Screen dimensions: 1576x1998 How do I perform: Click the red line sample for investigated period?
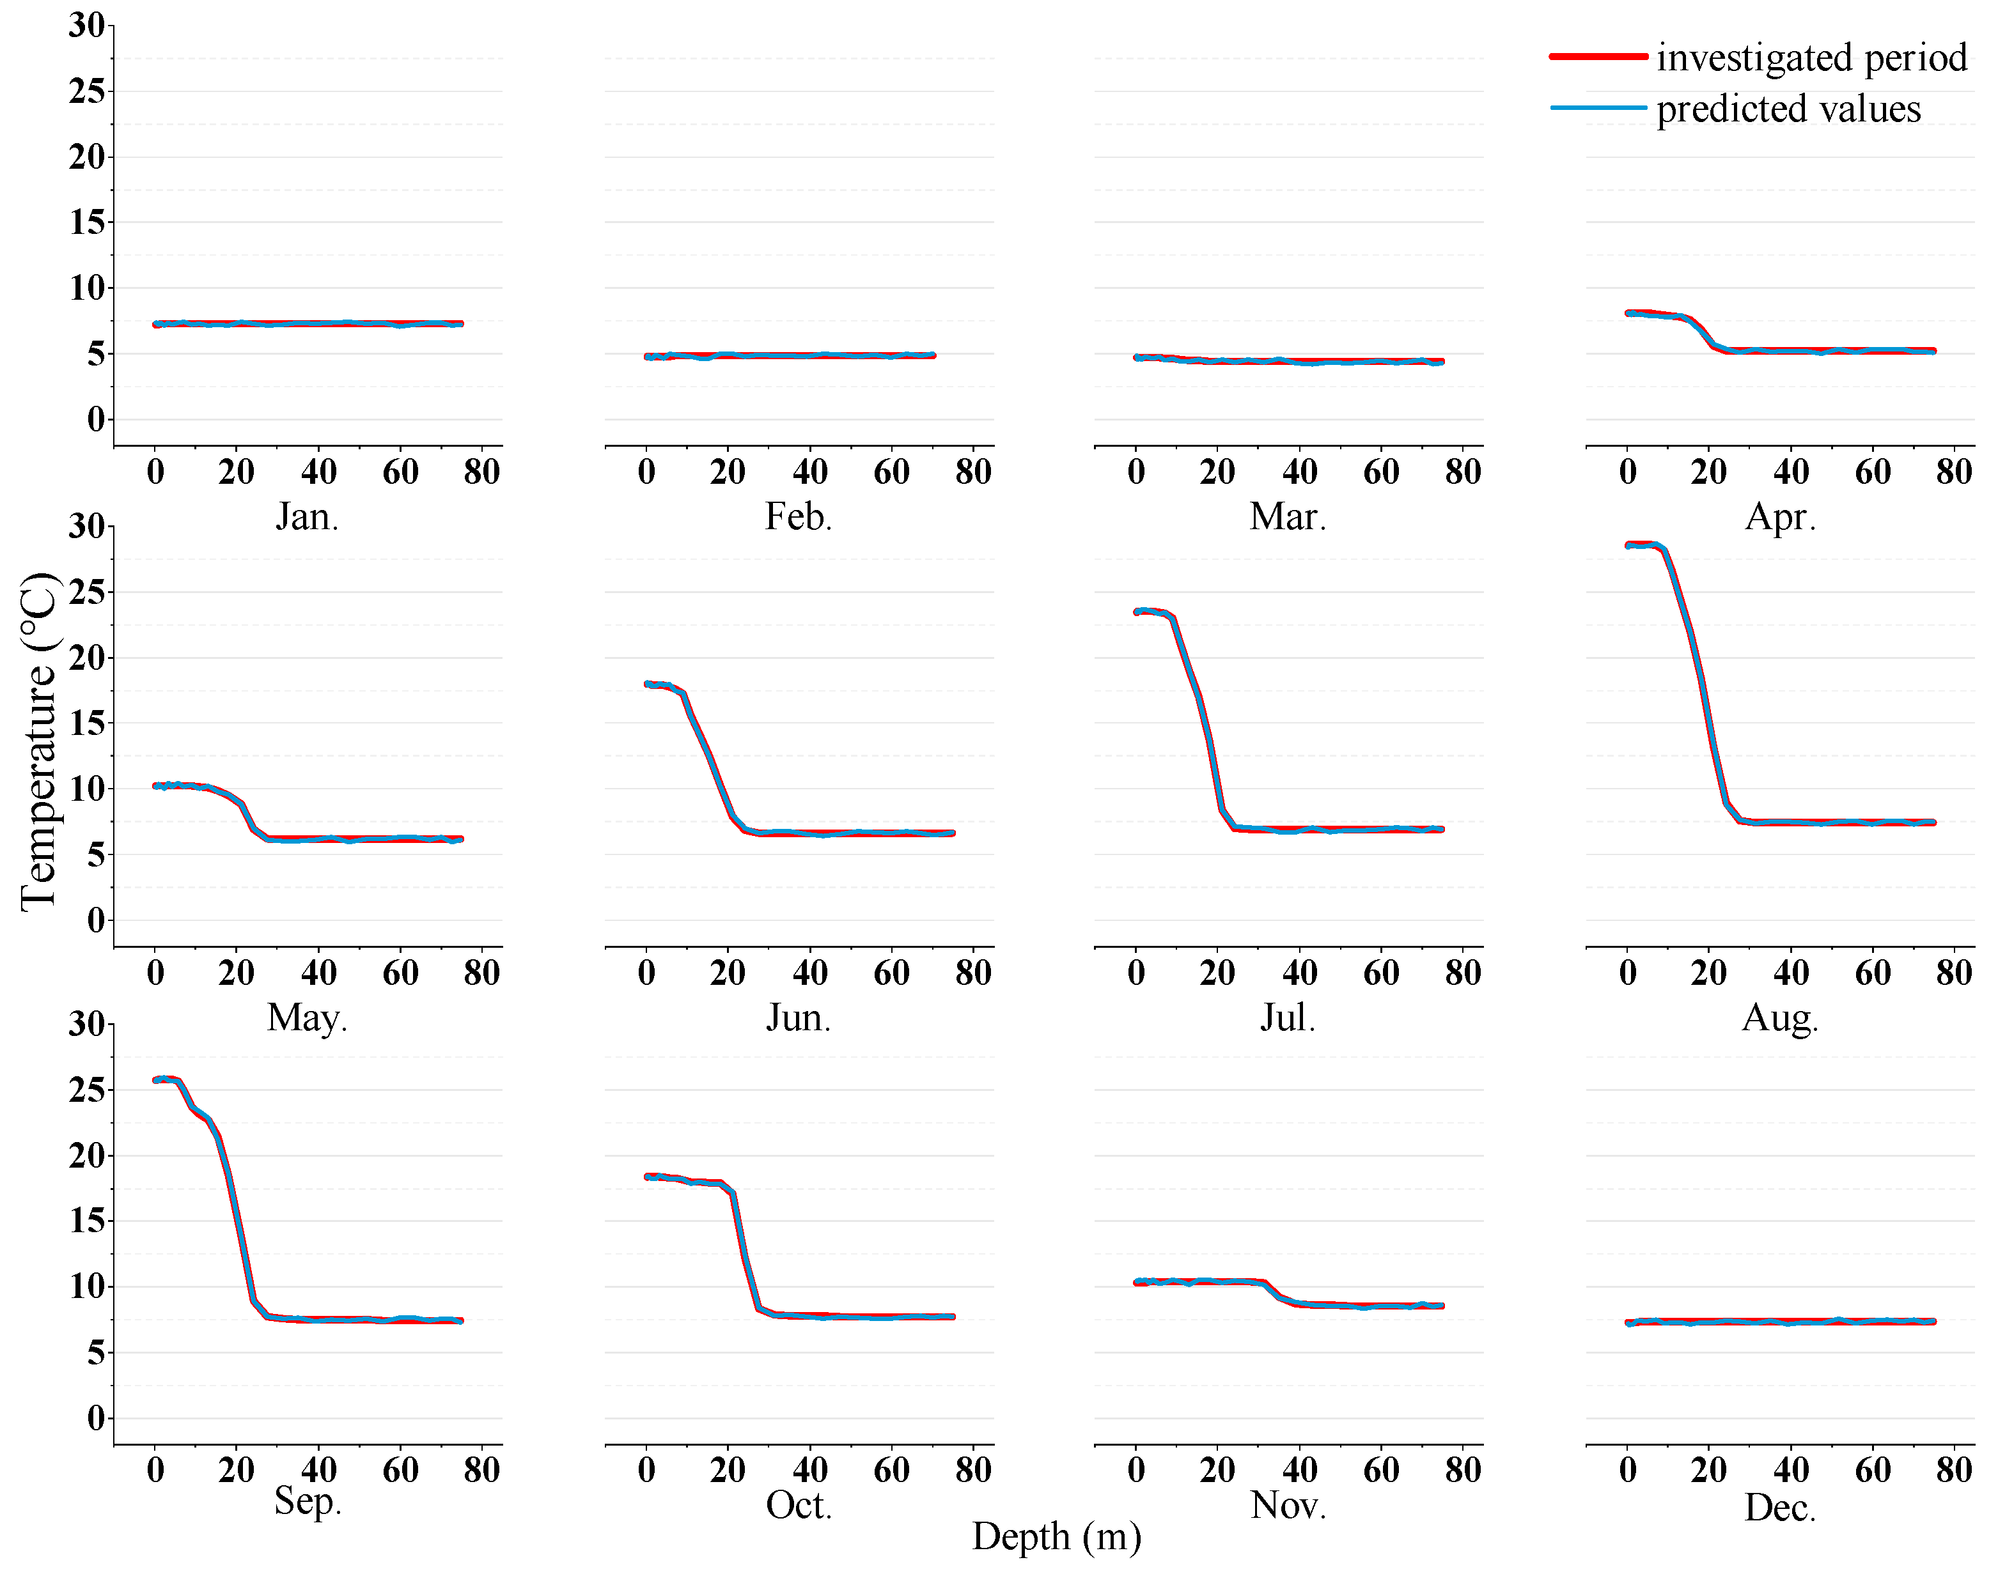tap(1598, 56)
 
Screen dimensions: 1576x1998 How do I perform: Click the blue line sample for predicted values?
tap(1598, 108)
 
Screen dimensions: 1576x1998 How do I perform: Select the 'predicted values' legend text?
tap(1788, 109)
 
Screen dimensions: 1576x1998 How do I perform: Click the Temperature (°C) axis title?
tap(39, 741)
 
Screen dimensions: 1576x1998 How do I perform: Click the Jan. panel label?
tap(308, 517)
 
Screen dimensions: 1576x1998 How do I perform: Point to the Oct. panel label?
tap(799, 1505)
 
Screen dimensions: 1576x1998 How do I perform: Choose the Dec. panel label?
tap(1779, 1508)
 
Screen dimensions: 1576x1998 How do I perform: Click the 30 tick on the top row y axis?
tap(87, 25)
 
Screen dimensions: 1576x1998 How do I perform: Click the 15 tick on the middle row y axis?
tap(87, 723)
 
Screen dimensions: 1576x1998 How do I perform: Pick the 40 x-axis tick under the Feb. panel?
tap(809, 472)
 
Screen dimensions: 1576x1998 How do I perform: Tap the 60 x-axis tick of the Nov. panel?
tap(1380, 1470)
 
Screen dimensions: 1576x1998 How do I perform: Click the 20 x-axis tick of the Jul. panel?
tap(1217, 973)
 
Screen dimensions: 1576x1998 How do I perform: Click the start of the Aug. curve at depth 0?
tap(1630, 545)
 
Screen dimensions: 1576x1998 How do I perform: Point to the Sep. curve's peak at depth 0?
tap(157, 1079)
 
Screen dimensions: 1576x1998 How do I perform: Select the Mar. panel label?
tap(1288, 517)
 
